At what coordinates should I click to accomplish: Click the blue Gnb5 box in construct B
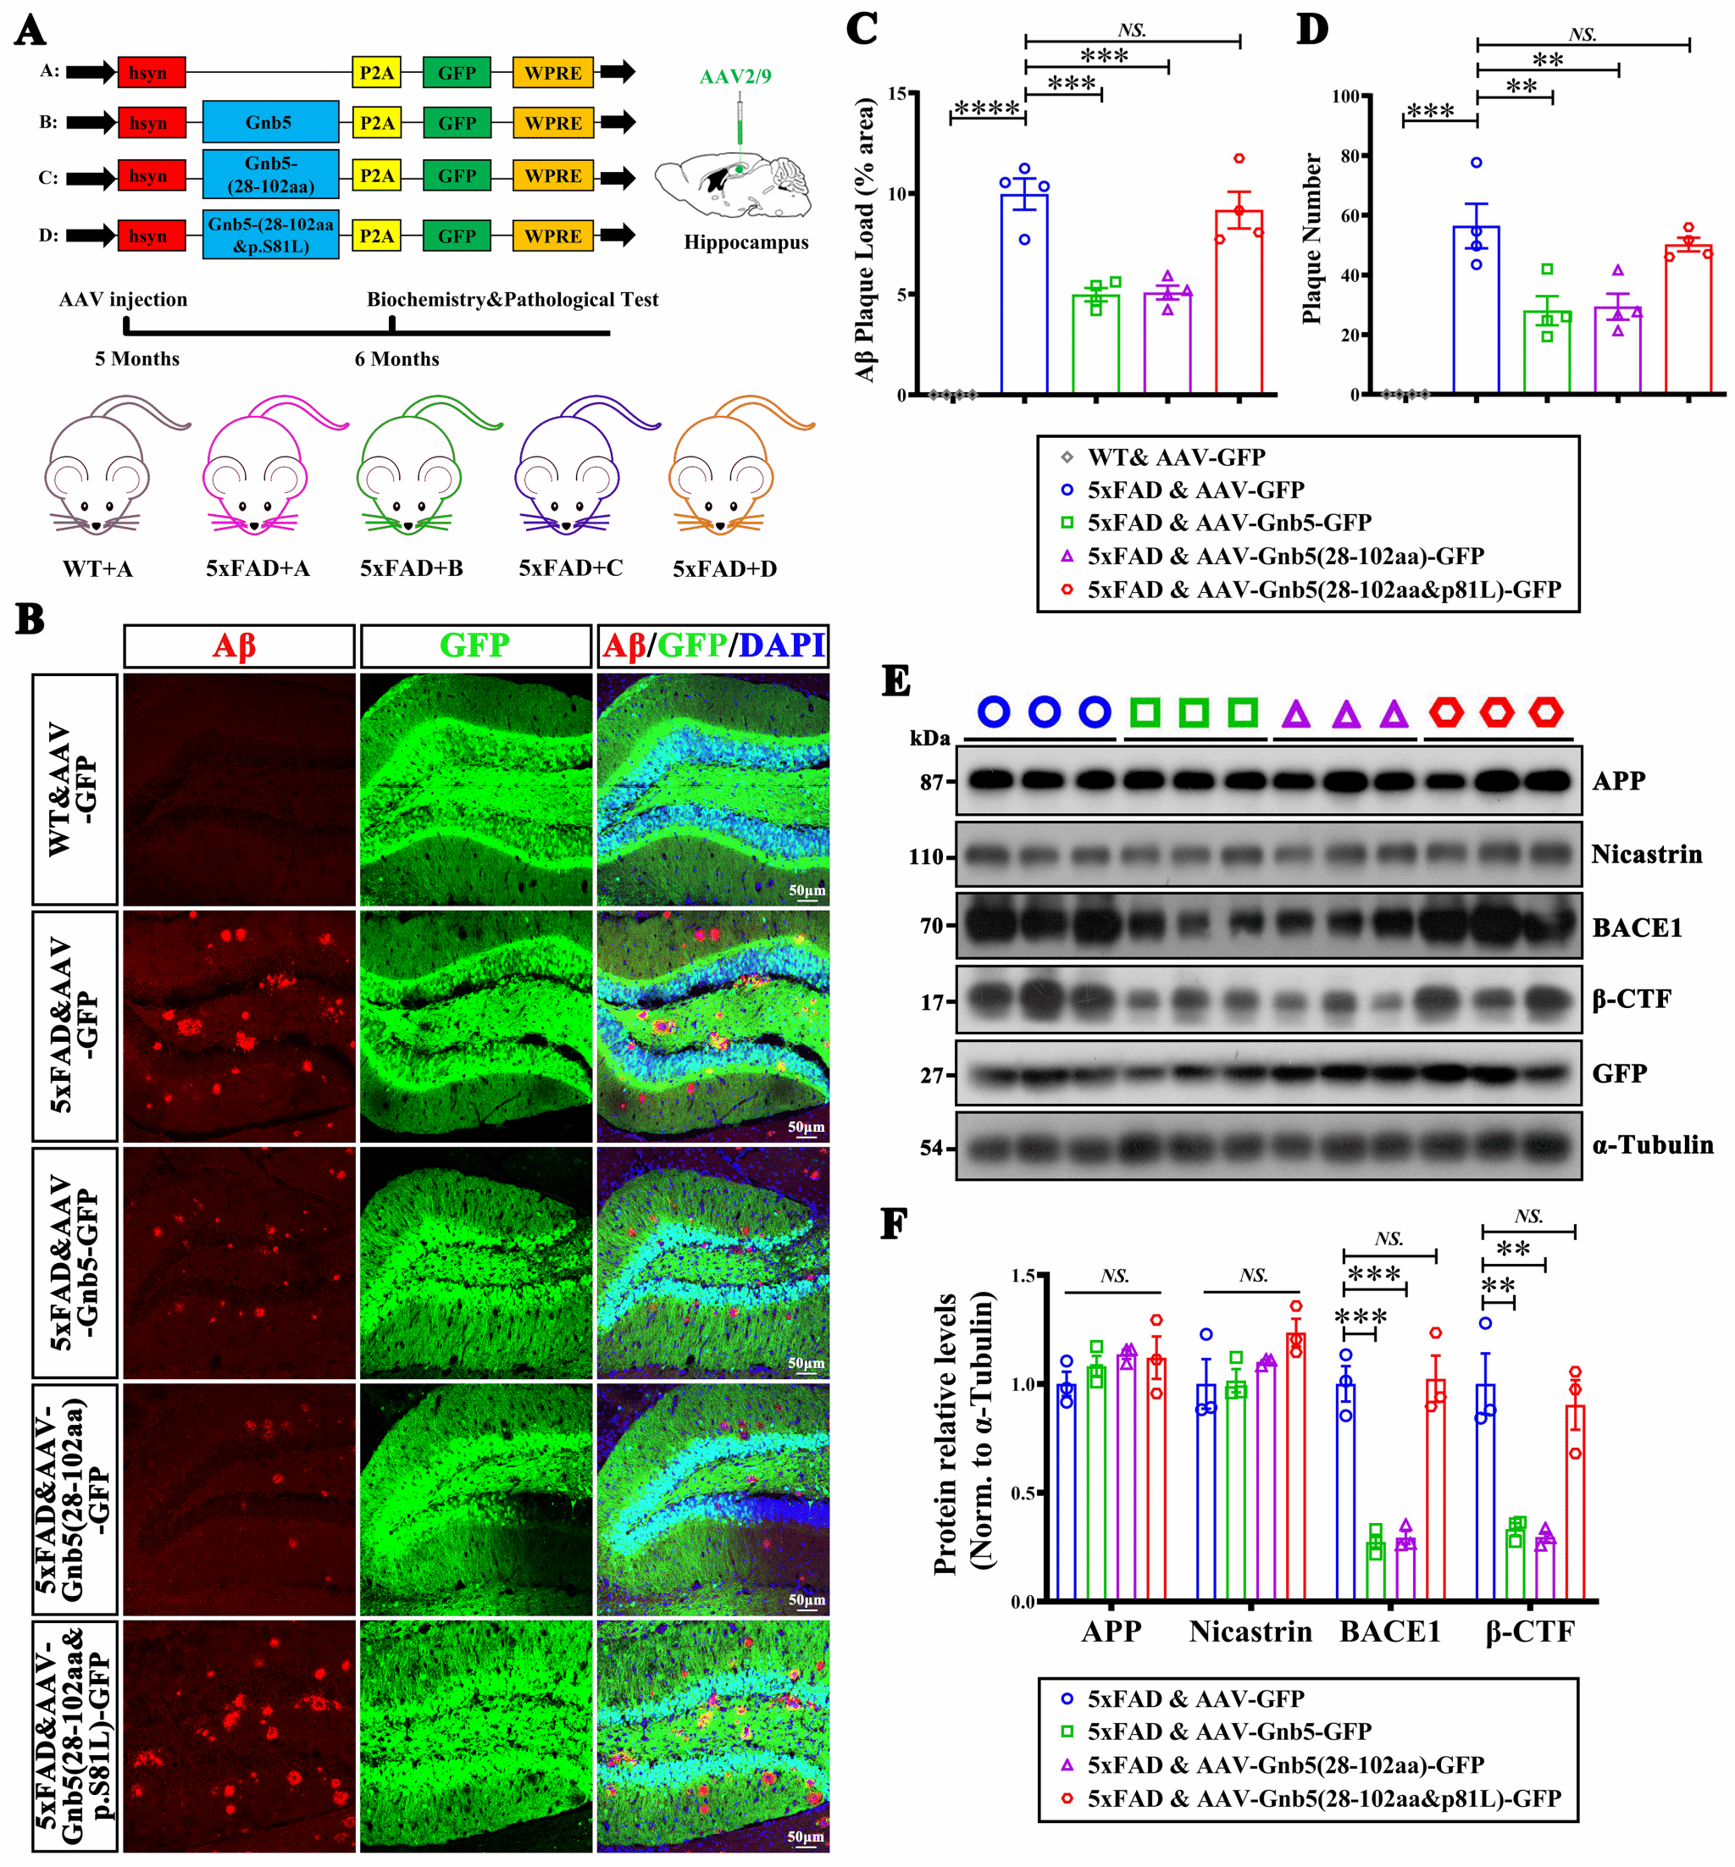point(270,123)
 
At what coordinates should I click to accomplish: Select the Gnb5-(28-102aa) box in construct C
point(270,175)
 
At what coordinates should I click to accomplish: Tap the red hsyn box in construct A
point(151,72)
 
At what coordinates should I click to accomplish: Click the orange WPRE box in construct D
point(552,235)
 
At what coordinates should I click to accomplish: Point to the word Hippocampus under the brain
point(746,242)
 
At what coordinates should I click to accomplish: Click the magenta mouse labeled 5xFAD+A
point(258,469)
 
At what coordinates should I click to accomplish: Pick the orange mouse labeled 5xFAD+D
point(723,469)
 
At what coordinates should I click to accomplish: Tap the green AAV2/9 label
point(735,77)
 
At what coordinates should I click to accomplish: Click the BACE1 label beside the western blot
point(1637,928)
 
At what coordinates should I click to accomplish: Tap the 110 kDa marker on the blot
point(926,856)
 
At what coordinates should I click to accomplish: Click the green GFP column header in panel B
point(475,645)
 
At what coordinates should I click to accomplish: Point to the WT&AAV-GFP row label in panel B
point(75,789)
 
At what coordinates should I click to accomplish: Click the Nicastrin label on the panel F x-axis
point(1250,1631)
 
